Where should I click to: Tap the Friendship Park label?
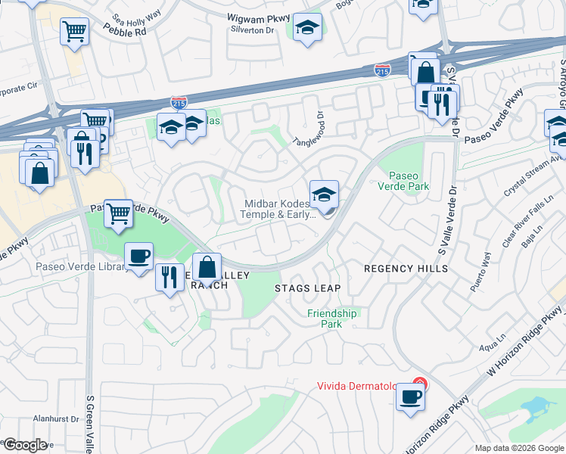331,319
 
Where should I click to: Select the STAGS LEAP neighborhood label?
307,288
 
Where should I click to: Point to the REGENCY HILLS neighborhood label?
406,269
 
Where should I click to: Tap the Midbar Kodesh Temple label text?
277,209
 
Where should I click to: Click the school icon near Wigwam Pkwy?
307,29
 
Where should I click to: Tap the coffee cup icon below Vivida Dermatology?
410,396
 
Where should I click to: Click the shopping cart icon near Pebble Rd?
75,32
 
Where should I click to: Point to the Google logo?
24,445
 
